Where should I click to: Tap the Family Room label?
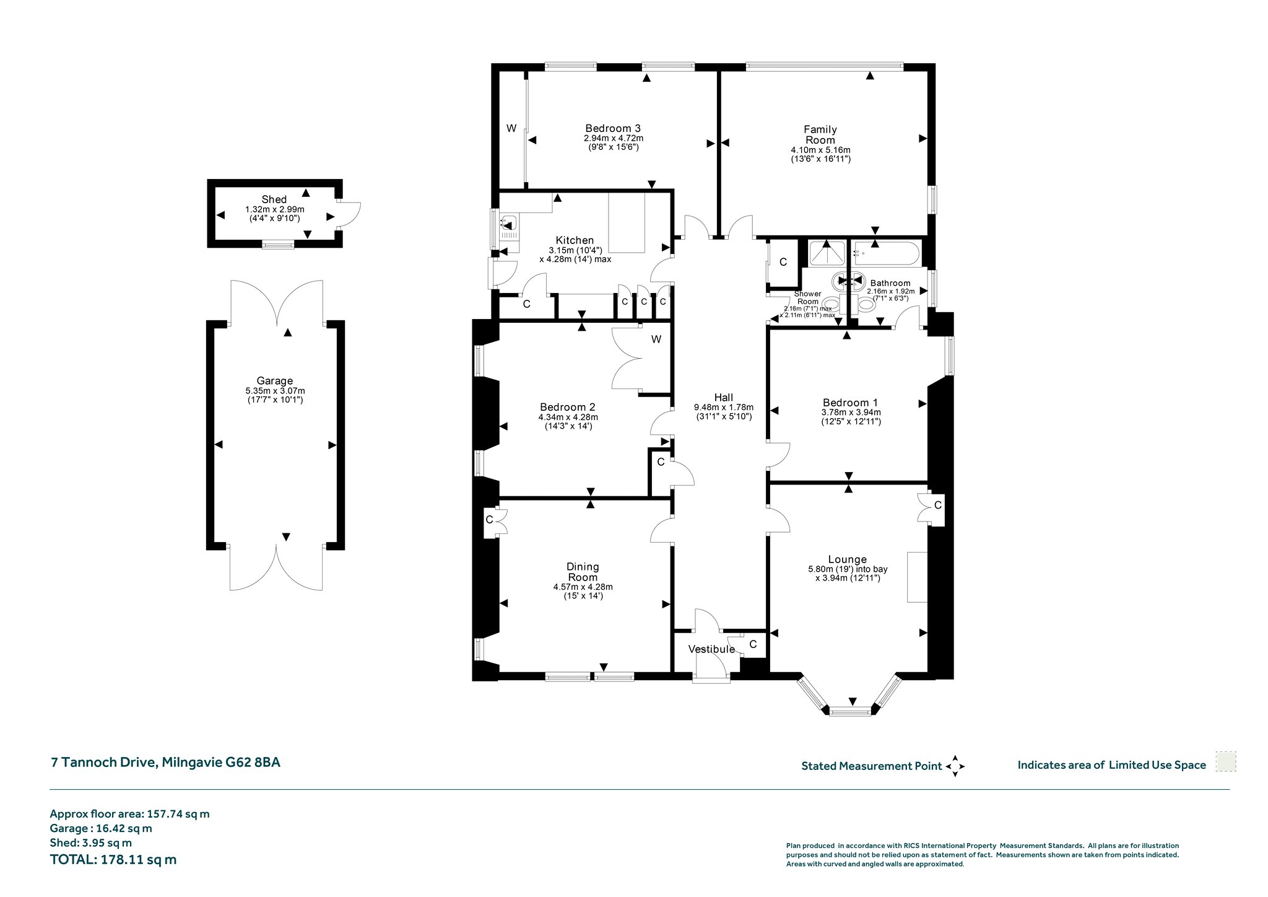(820, 134)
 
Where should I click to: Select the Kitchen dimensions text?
(575, 255)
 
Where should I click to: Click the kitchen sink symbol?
(509, 222)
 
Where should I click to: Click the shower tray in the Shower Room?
(827, 253)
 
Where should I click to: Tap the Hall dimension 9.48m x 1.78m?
(724, 408)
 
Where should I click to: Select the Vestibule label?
(711, 649)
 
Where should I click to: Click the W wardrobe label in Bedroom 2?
(656, 339)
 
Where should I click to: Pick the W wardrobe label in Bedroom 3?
(511, 129)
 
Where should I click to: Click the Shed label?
(274, 199)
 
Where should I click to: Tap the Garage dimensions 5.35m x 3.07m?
(275, 391)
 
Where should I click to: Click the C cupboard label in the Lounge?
(938, 505)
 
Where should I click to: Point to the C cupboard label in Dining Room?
(489, 520)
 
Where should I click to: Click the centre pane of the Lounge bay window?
(849, 712)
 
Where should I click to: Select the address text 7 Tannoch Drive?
(102, 763)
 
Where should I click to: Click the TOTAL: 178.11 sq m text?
(113, 859)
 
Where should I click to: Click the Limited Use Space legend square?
(1225, 762)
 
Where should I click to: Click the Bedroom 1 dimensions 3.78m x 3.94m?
(851, 413)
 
